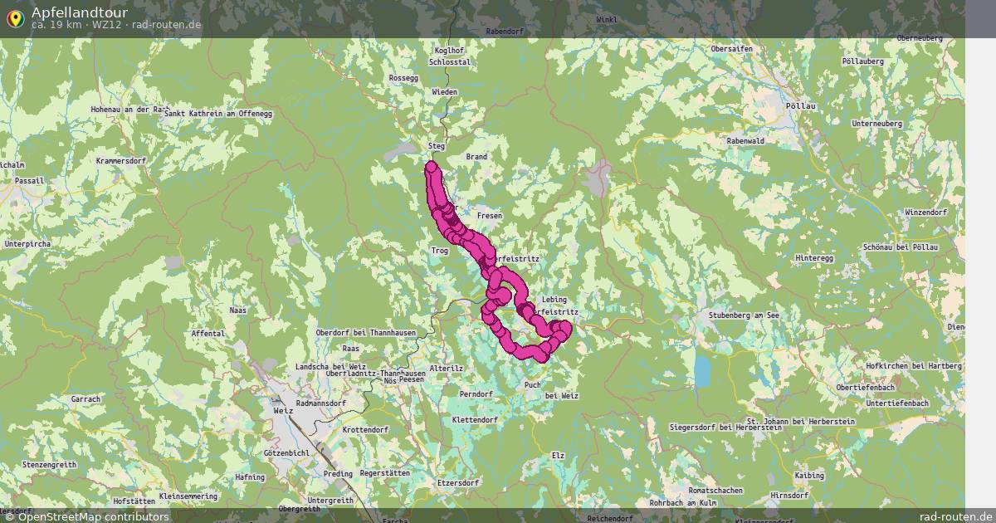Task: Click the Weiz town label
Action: pyautogui.click(x=283, y=410)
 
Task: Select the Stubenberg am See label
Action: pyautogui.click(x=744, y=315)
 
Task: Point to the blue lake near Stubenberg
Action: pyautogui.click(x=703, y=371)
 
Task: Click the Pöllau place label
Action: pyautogui.click(x=800, y=106)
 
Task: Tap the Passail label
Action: pyautogui.click(x=29, y=180)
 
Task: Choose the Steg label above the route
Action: pyautogui.click(x=437, y=146)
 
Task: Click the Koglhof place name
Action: pyautogui.click(x=444, y=51)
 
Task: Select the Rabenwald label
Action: pyautogui.click(x=745, y=141)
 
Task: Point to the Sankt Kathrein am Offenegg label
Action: pyautogui.click(x=218, y=113)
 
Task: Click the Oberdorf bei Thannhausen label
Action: pyautogui.click(x=365, y=333)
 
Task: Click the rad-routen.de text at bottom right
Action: pyautogui.click(x=955, y=516)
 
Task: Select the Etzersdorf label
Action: pyautogui.click(x=459, y=482)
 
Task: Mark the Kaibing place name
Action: pyautogui.click(x=809, y=476)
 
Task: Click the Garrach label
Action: pyautogui.click(x=85, y=399)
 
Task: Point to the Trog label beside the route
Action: pyautogui.click(x=440, y=250)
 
